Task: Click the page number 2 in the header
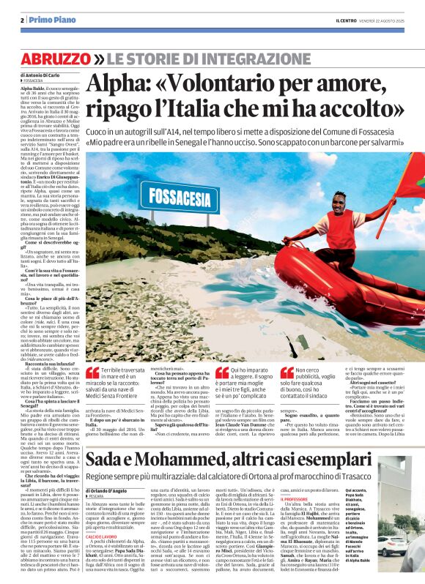(22, 20)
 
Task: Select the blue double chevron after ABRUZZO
(97, 58)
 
